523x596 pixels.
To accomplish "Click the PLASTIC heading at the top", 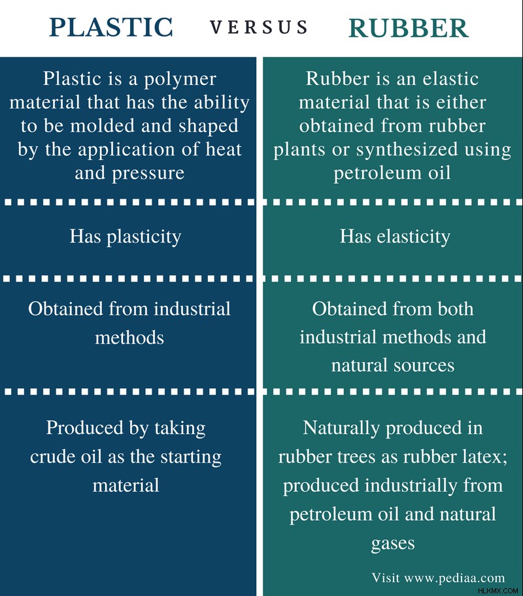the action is pyautogui.click(x=111, y=27).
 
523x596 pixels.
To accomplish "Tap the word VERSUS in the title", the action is pyautogui.click(x=259, y=27).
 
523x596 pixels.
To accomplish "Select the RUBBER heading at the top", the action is pyautogui.click(x=408, y=27).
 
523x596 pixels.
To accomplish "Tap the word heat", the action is pyautogui.click(x=224, y=149).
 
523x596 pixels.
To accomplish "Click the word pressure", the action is pyautogui.click(x=148, y=174).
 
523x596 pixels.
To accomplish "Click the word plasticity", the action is pyautogui.click(x=144, y=237).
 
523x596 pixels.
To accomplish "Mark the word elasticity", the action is pyautogui.click(x=413, y=236).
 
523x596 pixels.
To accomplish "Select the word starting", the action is pyautogui.click(x=190, y=457).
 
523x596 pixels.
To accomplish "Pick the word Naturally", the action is pyautogui.click(x=341, y=429).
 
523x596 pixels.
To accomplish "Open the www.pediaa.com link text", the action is pyautogui.click(x=454, y=578).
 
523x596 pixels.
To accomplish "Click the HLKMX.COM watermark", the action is pyautogui.click(x=498, y=591).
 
